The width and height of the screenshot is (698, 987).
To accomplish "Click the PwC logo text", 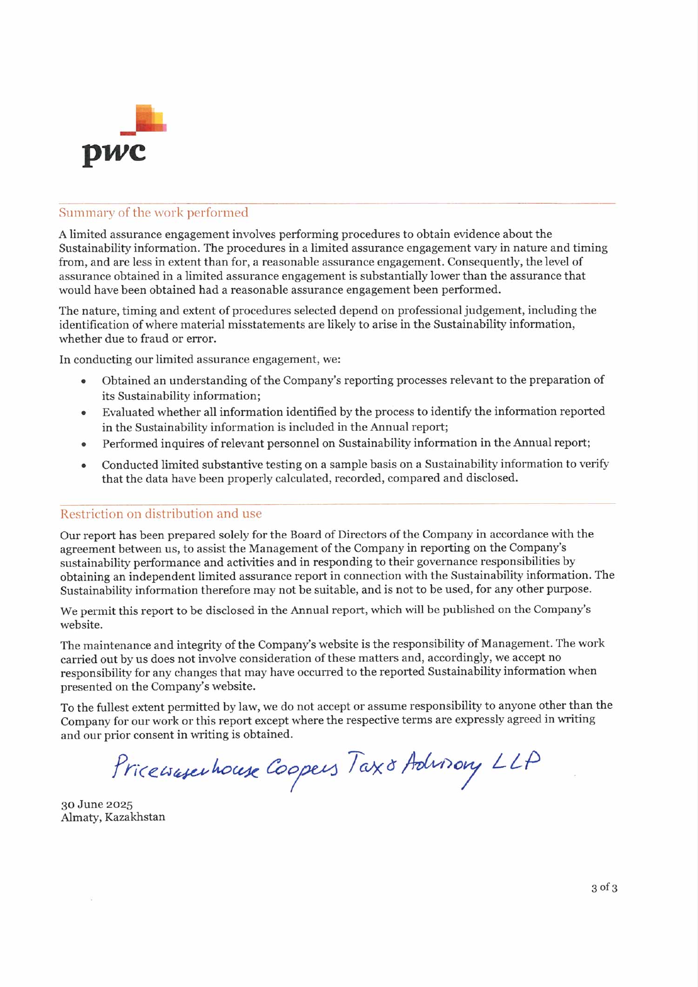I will pos(114,152).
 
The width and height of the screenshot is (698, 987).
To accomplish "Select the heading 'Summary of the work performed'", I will pos(154,213).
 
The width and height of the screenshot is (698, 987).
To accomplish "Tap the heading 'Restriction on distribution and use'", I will pos(161,514).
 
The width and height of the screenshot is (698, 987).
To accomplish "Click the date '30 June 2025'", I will pos(97,804).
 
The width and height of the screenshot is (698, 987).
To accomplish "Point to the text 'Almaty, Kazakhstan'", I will pos(113,817).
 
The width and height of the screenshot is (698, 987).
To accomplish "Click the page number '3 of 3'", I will pos(604,887).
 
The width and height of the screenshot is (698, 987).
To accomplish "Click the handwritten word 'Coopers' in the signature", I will pos(302,769).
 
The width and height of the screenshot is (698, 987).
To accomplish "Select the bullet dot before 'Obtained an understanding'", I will pos(84,381).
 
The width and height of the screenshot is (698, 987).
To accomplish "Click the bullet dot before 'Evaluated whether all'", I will pos(84,413).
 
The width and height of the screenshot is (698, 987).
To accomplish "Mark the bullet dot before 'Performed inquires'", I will pos(84,444).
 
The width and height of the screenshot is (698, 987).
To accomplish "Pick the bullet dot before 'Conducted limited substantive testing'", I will pos(84,465).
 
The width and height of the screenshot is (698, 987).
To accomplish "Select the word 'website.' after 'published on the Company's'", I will pos(81,625).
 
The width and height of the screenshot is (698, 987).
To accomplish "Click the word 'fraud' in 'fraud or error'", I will pos(154,339).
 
